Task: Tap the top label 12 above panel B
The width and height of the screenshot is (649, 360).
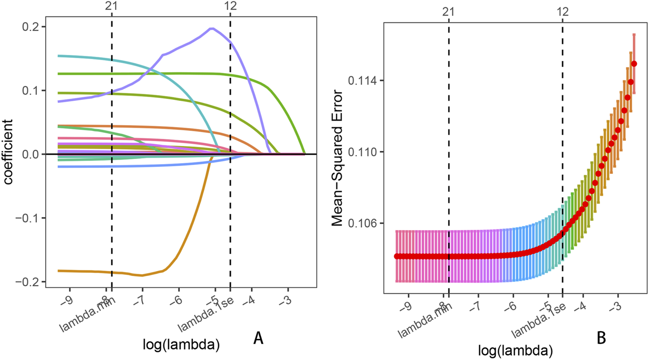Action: click(562, 13)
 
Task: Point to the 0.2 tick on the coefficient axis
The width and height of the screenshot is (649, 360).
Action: click(31, 27)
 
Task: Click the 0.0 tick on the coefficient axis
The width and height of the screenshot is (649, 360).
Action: click(31, 154)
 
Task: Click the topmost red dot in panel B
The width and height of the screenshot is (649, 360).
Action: click(634, 64)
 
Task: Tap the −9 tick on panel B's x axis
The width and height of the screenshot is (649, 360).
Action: click(407, 307)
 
